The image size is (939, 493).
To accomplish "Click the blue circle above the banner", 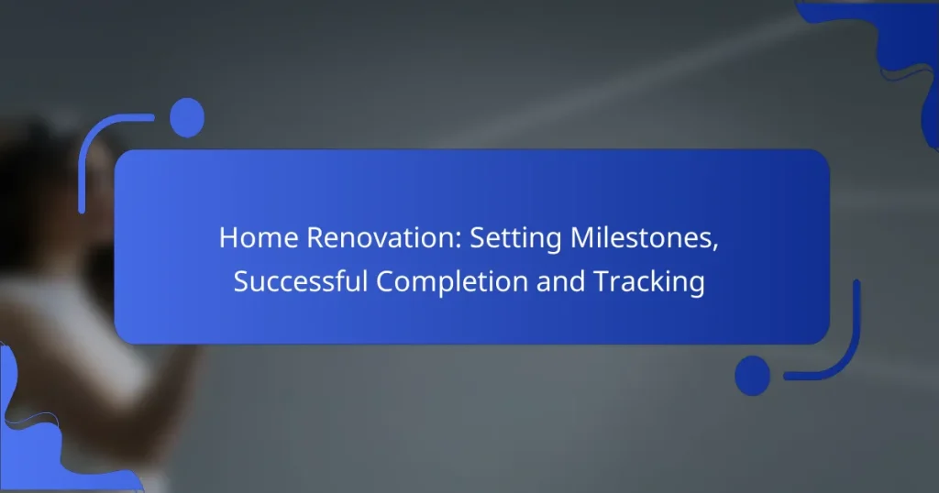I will (x=187, y=118).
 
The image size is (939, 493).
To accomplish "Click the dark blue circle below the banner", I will (x=753, y=376).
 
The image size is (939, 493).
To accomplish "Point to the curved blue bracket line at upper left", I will (x=92, y=147).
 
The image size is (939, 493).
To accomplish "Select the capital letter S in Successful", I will (x=240, y=282).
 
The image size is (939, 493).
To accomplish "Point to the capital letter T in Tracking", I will (x=599, y=282).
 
